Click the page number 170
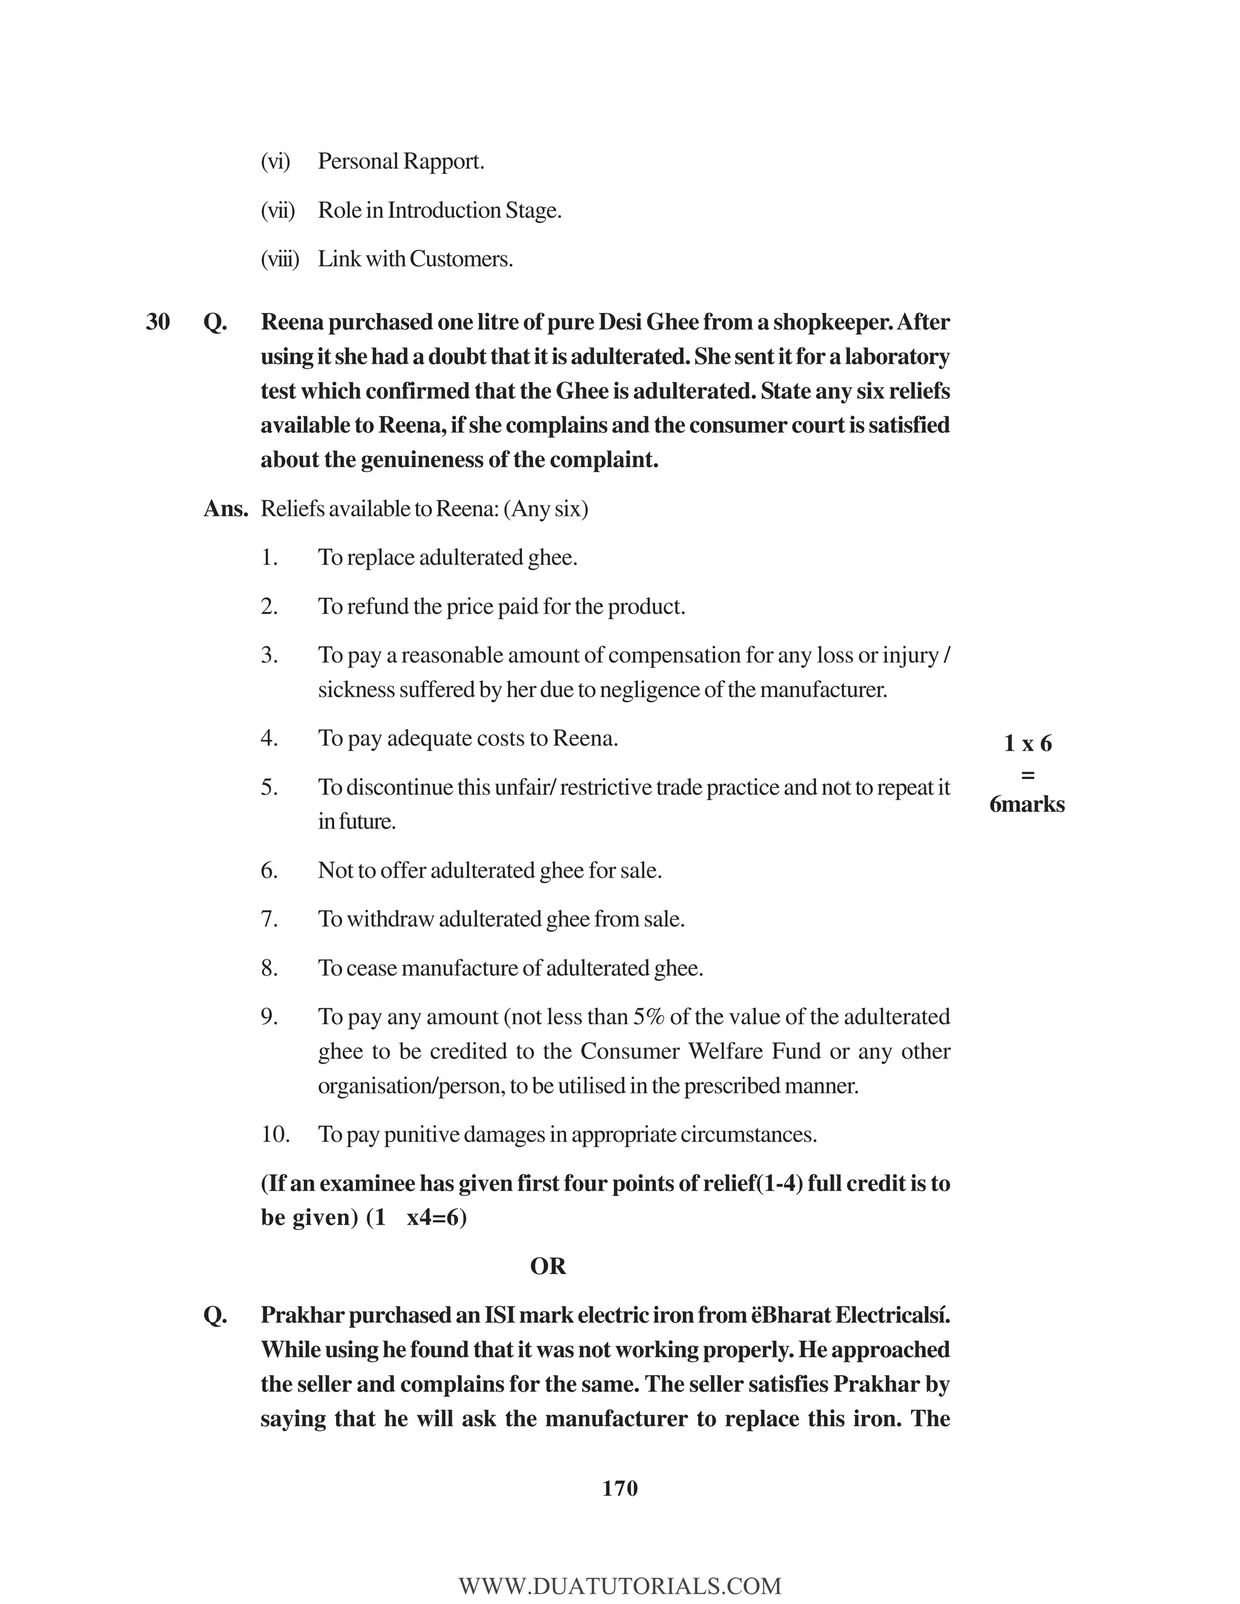pos(619,1488)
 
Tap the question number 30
pos(157,321)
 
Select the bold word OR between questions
pos(547,1266)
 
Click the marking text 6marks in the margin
pos(1026,804)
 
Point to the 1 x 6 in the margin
pos(1027,743)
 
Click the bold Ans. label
pos(225,509)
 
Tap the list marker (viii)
pos(280,259)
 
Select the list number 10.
pos(275,1135)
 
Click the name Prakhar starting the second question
pos(302,1315)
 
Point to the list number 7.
pos(269,919)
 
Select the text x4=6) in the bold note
pos(437,1218)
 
